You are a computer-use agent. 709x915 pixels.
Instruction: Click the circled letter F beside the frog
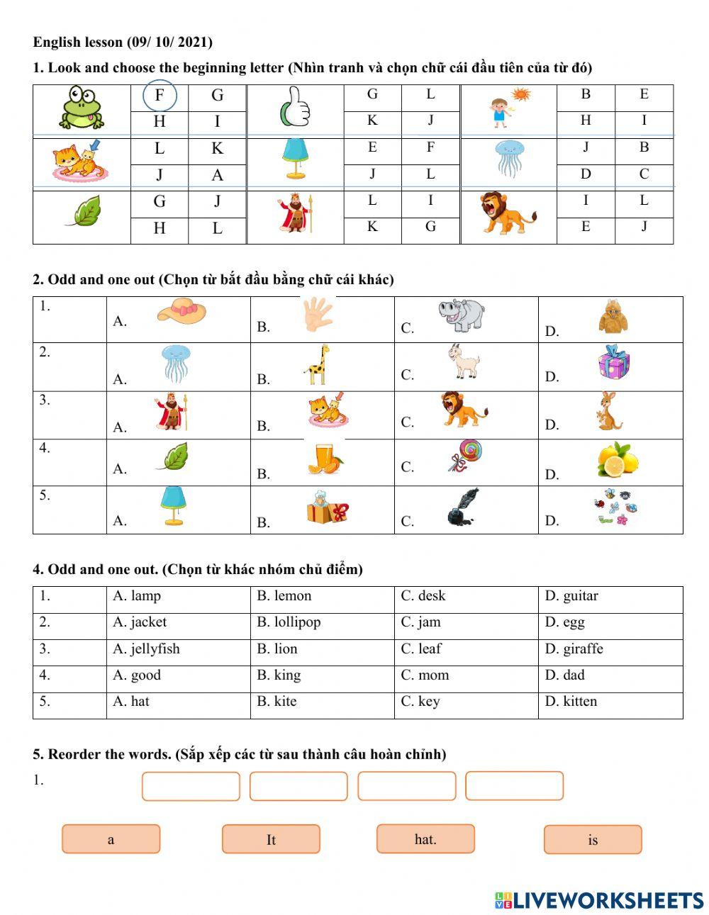[x=160, y=96]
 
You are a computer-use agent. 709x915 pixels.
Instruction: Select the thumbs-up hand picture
[x=295, y=107]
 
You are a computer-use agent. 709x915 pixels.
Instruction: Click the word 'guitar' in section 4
[x=580, y=596]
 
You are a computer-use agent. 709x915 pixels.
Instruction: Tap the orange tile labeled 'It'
[x=271, y=840]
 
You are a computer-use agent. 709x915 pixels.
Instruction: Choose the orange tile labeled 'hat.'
[x=425, y=839]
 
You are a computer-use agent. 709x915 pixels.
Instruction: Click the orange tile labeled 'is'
[x=593, y=840]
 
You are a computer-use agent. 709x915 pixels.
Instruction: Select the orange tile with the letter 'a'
[x=111, y=840]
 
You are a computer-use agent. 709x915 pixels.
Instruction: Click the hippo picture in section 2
[x=462, y=315]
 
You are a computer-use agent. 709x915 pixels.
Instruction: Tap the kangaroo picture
[x=608, y=412]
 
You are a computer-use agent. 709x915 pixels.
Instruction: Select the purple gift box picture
[x=613, y=362]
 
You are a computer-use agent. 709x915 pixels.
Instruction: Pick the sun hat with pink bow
[x=182, y=313]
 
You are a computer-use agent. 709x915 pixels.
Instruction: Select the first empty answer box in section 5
[x=191, y=787]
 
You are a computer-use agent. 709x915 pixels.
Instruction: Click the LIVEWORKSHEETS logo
[x=599, y=900]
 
